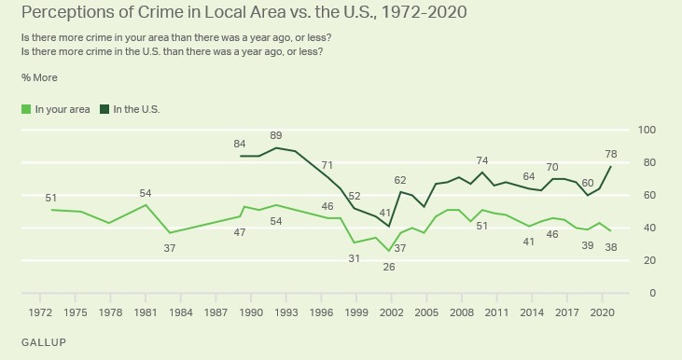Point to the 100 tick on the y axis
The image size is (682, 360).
click(x=646, y=130)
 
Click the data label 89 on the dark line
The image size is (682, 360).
click(x=275, y=136)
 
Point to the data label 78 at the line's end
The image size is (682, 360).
click(x=638, y=154)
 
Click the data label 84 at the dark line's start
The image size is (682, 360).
click(x=240, y=144)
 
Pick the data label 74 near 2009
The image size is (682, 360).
click(x=482, y=160)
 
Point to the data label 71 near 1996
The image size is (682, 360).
click(x=327, y=165)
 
